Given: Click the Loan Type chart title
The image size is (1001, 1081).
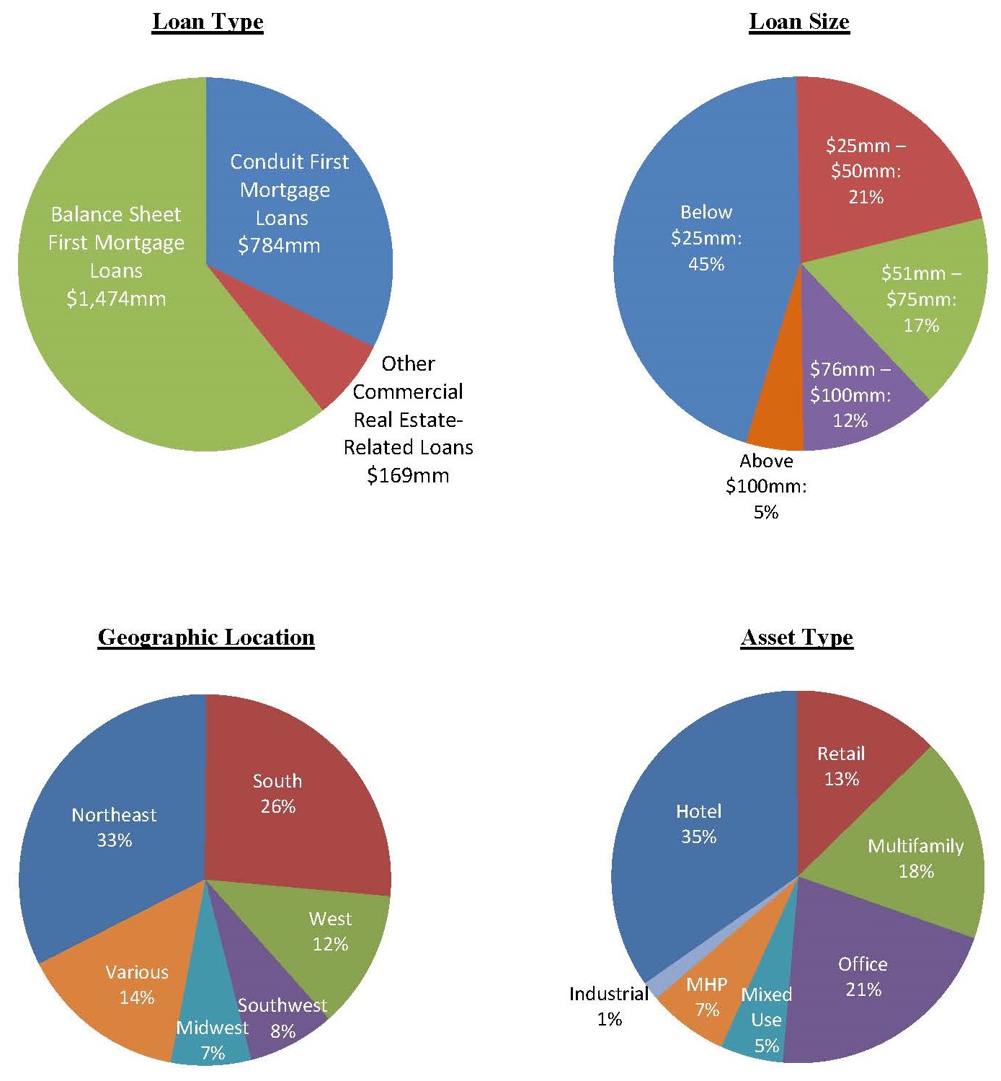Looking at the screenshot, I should (x=208, y=22).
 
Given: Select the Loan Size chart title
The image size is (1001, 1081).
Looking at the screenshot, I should (x=799, y=22).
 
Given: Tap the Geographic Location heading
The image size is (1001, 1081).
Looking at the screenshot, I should (x=206, y=637).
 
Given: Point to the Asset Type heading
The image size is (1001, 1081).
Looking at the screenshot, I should (x=797, y=637).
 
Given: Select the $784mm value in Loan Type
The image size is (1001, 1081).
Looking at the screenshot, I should (x=279, y=246).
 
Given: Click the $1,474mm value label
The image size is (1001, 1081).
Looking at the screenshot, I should (x=116, y=299).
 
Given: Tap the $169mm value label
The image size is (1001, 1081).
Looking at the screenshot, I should (x=408, y=476).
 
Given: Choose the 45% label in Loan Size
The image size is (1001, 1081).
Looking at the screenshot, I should (x=706, y=264).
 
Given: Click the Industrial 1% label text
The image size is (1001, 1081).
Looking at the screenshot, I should (x=609, y=1007).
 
